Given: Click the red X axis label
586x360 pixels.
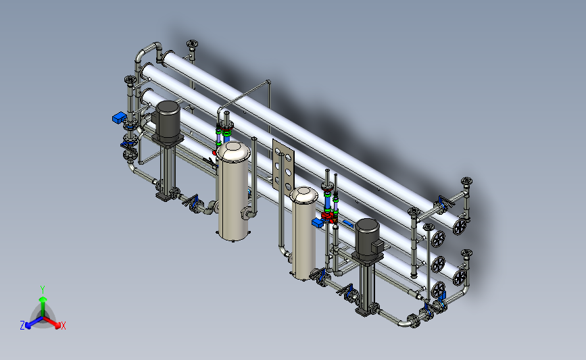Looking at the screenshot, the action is tap(63, 326).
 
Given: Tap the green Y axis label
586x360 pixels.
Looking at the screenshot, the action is tap(43, 290).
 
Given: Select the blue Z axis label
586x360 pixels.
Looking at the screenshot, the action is tap(22, 326).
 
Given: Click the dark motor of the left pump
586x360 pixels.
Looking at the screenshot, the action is tap(168, 119).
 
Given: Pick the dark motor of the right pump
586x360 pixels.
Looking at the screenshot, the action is tap(368, 236).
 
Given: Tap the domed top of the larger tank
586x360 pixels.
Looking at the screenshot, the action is tap(233, 151).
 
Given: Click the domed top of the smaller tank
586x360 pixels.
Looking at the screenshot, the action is tap(304, 195).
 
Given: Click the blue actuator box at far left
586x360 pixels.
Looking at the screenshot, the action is tap(119, 118).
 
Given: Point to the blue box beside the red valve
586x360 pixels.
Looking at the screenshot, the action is tap(318, 223).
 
